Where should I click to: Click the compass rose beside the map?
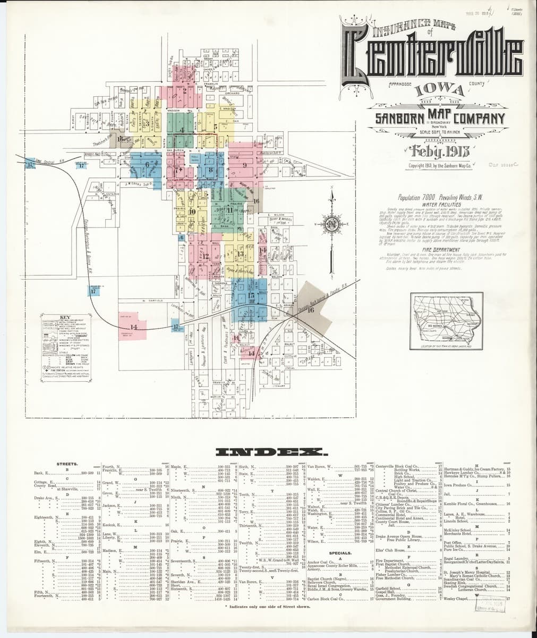(331, 223)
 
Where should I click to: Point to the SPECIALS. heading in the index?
(339, 553)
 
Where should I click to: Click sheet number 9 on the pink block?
(245, 165)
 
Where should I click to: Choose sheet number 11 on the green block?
(229, 209)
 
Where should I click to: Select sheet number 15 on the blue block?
(251, 293)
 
